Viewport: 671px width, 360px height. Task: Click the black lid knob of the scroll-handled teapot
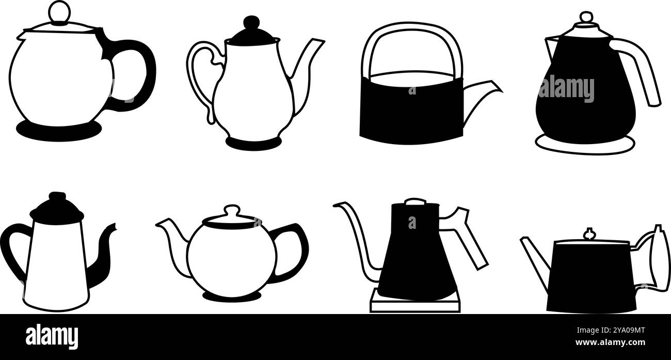click(x=251, y=23)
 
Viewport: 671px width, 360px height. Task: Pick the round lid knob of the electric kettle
click(x=586, y=18)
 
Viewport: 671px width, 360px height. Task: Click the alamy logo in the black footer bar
click(x=52, y=337)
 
